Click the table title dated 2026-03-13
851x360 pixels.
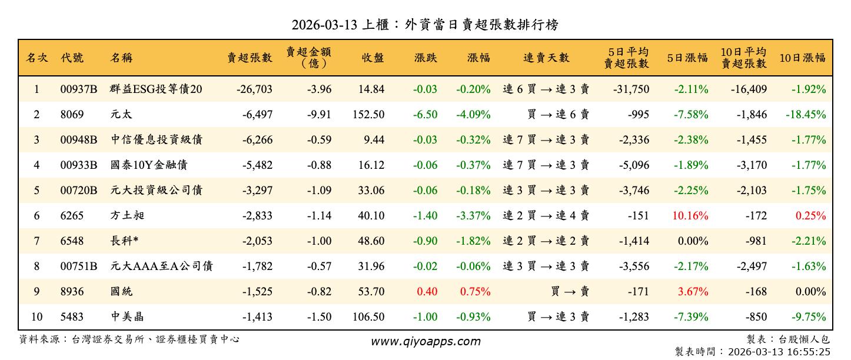(425, 25)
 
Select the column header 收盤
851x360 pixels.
(373, 58)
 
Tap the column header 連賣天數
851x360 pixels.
(546, 58)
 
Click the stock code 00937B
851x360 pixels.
(78, 89)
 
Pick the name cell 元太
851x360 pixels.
(121, 115)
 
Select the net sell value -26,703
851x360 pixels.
(254, 89)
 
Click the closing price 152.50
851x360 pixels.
(368, 115)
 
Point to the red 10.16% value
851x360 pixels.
(690, 216)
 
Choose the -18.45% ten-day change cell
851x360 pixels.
(805, 115)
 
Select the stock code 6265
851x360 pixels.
(71, 216)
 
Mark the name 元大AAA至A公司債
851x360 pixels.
(161, 266)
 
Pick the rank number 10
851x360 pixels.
(36, 317)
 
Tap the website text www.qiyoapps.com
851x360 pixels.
(425, 341)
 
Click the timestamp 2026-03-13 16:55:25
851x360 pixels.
(779, 352)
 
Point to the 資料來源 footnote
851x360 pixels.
(129, 339)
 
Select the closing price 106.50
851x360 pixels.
(368, 317)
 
